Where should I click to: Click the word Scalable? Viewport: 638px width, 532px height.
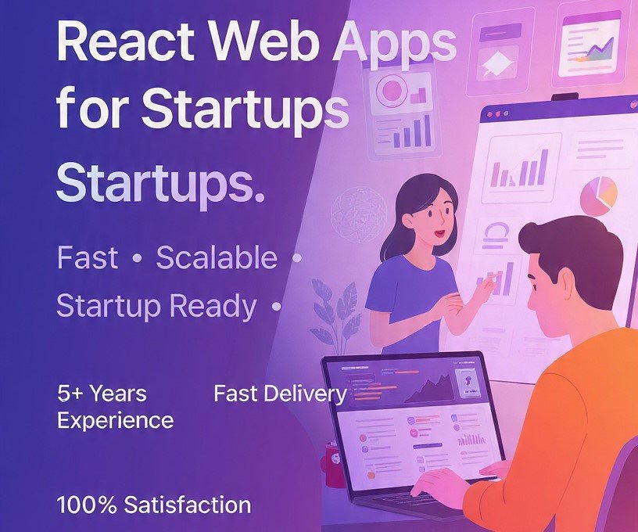tap(217, 257)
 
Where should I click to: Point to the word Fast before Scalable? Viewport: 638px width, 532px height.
tap(87, 257)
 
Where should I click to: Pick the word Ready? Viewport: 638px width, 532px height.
tap(213, 307)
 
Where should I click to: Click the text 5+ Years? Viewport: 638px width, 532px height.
tap(102, 394)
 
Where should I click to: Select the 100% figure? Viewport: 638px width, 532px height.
tap(84, 505)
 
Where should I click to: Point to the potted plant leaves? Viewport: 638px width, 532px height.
tap(333, 305)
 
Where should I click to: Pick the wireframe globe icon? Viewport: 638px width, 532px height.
tap(359, 212)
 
